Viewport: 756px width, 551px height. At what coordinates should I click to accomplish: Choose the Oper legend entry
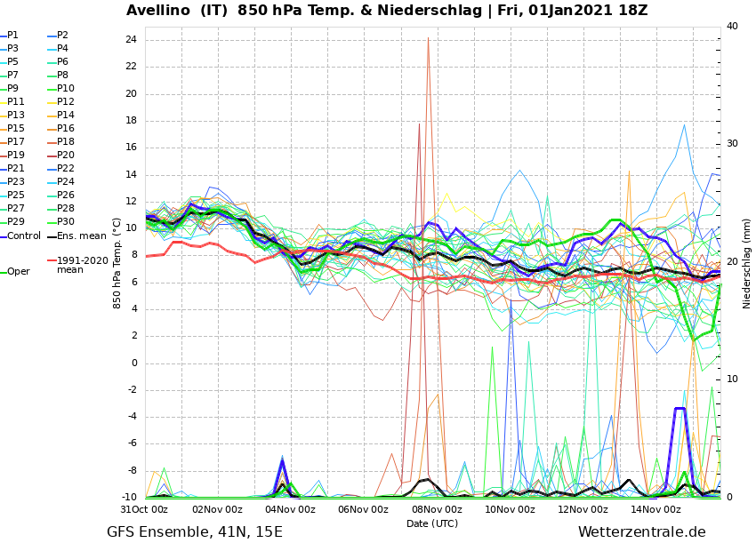18,272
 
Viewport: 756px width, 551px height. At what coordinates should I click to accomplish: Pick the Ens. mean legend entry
81,236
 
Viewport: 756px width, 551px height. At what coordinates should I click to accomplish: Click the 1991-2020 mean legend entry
82,265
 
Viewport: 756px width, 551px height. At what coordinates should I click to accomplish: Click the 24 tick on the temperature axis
131,40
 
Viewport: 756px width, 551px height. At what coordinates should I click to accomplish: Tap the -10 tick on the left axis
129,498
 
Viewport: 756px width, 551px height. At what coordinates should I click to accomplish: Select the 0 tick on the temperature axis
133,363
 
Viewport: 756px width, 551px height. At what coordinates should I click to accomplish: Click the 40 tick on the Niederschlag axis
732,27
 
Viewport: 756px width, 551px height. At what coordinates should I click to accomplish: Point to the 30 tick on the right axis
732,144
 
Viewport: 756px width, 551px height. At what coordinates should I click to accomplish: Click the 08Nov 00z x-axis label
437,510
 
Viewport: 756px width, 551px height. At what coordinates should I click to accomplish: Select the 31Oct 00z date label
144,510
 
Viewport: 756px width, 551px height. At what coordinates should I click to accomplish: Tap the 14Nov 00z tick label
656,510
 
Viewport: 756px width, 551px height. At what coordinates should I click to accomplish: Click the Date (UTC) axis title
432,524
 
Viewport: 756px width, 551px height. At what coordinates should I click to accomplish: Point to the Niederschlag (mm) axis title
747,263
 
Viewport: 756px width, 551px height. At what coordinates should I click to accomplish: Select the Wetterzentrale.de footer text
641,532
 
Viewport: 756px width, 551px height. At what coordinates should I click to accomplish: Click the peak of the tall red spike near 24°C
428,38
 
